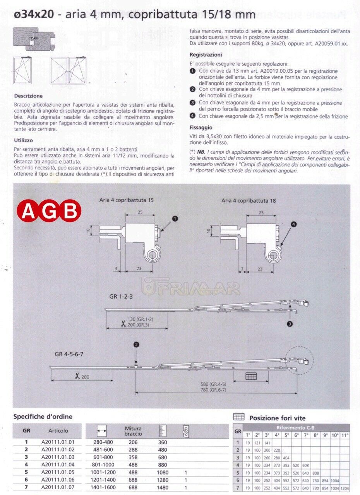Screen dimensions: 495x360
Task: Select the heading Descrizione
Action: coord(28,96)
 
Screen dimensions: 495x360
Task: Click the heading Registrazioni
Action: coord(206,55)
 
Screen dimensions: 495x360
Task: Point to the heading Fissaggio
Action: coord(201,127)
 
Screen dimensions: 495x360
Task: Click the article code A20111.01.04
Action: coord(58,464)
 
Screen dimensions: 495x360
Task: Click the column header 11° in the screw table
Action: coord(345,435)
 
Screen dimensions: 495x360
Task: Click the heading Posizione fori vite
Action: coord(277,418)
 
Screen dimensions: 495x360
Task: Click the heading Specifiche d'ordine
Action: coord(43,417)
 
